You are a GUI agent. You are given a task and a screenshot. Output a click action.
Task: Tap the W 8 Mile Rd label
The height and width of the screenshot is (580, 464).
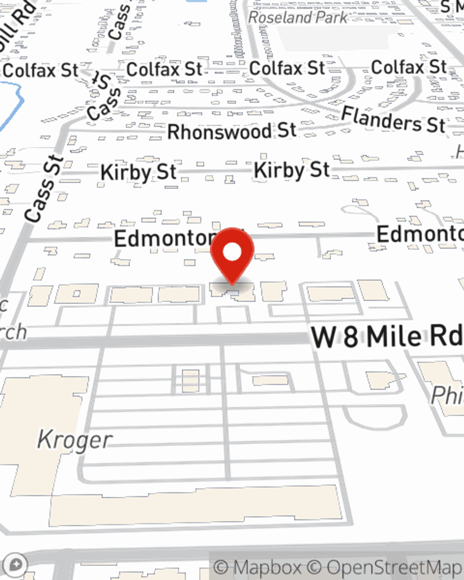[x=387, y=336]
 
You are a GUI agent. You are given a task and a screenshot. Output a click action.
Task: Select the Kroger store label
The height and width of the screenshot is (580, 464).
[x=74, y=439]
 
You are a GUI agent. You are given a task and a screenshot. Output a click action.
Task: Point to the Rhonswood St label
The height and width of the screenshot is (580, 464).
[x=232, y=131]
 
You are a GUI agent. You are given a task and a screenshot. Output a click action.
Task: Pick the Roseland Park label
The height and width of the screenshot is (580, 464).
[x=297, y=18]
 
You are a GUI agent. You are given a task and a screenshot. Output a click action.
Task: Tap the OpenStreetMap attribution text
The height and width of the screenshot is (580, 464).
[x=393, y=567]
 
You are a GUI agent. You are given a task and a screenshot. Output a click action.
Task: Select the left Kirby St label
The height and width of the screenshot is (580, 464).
[x=138, y=173]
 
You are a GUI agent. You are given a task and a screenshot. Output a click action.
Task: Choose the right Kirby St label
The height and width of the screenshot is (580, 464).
[x=291, y=170]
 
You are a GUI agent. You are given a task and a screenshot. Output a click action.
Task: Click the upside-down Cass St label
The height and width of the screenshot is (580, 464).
[x=104, y=97]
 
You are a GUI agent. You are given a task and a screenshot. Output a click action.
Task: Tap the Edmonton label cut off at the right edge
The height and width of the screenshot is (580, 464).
[x=420, y=234]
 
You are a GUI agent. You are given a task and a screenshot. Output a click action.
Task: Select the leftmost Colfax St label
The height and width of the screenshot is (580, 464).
[x=41, y=71]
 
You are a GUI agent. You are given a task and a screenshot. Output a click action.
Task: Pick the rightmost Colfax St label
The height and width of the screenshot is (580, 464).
[x=408, y=67]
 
